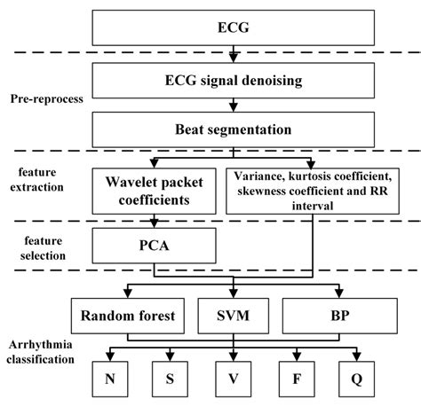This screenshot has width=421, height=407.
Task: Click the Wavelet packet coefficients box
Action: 154,190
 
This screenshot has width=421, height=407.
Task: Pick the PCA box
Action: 154,244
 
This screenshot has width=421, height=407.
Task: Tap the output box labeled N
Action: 110,378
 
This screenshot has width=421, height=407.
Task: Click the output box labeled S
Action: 171,378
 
